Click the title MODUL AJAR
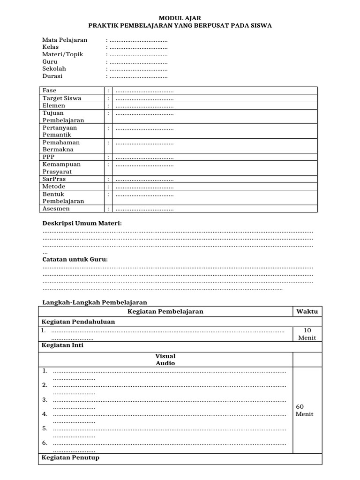pos(180,18)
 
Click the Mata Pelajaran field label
pos(65,40)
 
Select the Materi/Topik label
pos(63,54)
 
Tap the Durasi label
pos(52,76)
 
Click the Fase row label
pos(49,90)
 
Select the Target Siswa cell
pos(62,98)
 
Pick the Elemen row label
pos(54,106)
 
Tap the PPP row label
pos(48,157)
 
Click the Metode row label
pos(53,187)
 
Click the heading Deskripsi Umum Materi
pos(82,224)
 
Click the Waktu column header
pos(307,312)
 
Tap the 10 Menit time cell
pos(307,334)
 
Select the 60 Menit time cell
pos(305,411)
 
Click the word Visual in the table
pos(165,356)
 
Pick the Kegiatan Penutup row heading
pos(70,457)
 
